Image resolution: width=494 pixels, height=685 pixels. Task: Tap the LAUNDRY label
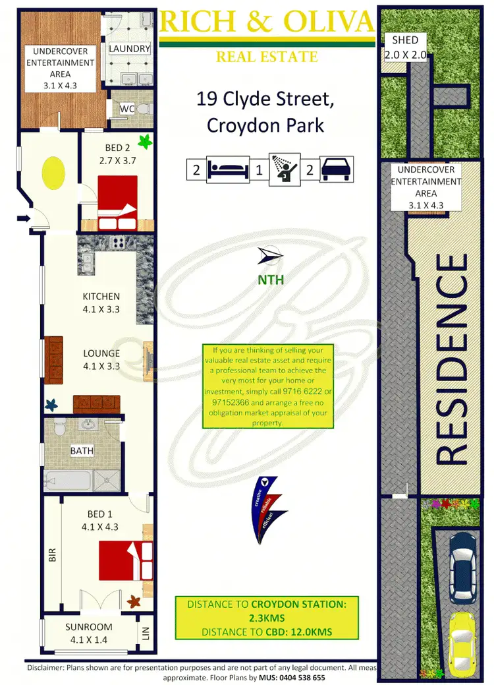(130, 49)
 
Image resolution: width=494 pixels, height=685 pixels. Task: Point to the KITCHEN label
(101, 297)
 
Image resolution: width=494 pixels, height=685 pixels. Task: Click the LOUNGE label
(101, 353)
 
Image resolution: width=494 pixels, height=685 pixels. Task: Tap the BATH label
(83, 452)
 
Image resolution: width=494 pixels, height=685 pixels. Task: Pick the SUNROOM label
(89, 627)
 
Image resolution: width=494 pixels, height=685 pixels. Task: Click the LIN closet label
(146, 633)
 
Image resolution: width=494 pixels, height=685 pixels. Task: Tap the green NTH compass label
(271, 280)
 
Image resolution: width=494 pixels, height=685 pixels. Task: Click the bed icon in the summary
(227, 169)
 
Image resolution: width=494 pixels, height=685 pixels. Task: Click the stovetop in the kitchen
(119, 243)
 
